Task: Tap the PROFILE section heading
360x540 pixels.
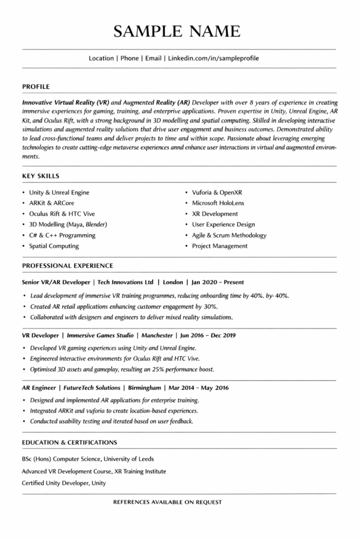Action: pos(36,86)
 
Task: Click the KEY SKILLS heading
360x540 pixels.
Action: pos(41,176)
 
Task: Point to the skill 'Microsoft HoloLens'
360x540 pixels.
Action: pos(218,203)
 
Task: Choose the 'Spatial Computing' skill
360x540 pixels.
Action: pos(54,246)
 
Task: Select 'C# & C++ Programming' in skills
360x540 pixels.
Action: pos(62,235)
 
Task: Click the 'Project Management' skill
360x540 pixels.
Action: pos(219,246)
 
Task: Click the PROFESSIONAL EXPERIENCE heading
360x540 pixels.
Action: pos(67,265)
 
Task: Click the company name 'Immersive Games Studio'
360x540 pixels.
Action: pos(100,335)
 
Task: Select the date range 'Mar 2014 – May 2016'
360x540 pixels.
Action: pos(199,388)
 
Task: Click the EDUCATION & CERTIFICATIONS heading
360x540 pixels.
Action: pos(70,442)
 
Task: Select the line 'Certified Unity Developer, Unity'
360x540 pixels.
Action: pos(64,483)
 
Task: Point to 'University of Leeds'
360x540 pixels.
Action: pos(129,459)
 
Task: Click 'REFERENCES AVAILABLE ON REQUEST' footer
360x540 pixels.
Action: pos(168,502)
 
